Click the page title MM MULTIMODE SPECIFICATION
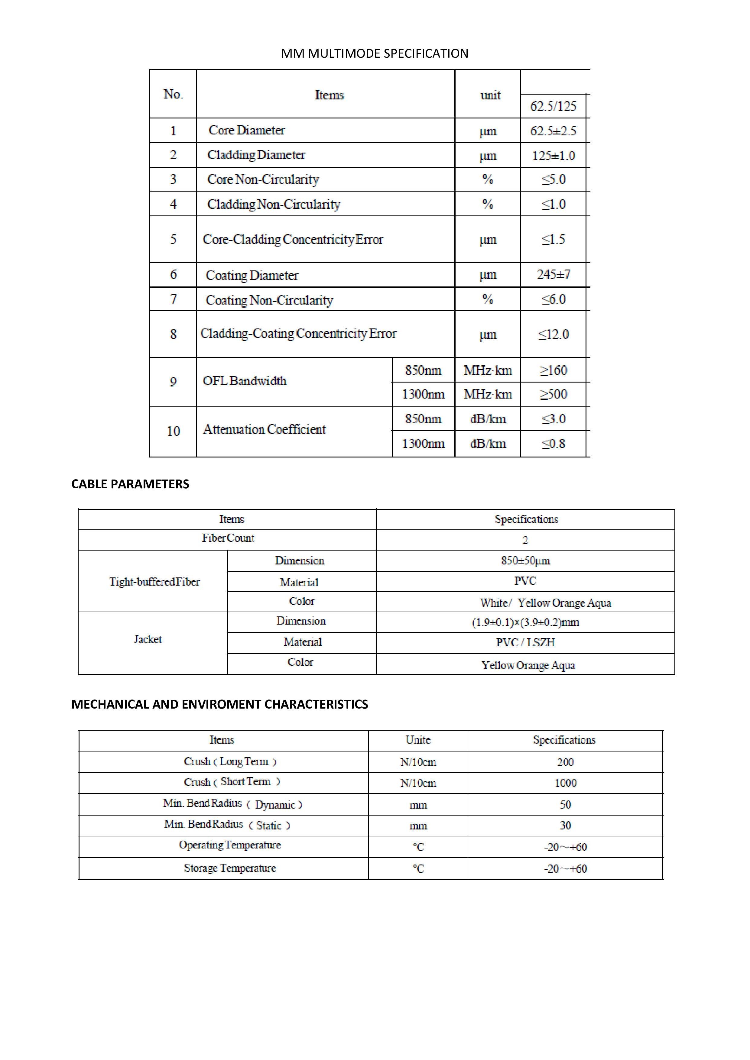click(375, 53)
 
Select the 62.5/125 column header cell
click(553, 106)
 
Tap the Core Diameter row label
click(247, 130)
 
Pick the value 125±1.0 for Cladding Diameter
click(553, 156)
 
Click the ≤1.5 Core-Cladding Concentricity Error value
click(553, 239)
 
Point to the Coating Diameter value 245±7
click(553, 275)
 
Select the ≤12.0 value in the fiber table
click(553, 334)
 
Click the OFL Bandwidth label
click(245, 381)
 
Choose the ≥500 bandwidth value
click(553, 394)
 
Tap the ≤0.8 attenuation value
click(553, 444)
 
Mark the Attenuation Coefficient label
click(265, 429)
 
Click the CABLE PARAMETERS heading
click(130, 484)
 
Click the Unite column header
click(418, 740)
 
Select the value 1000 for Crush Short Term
click(565, 783)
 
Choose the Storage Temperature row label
click(230, 868)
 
